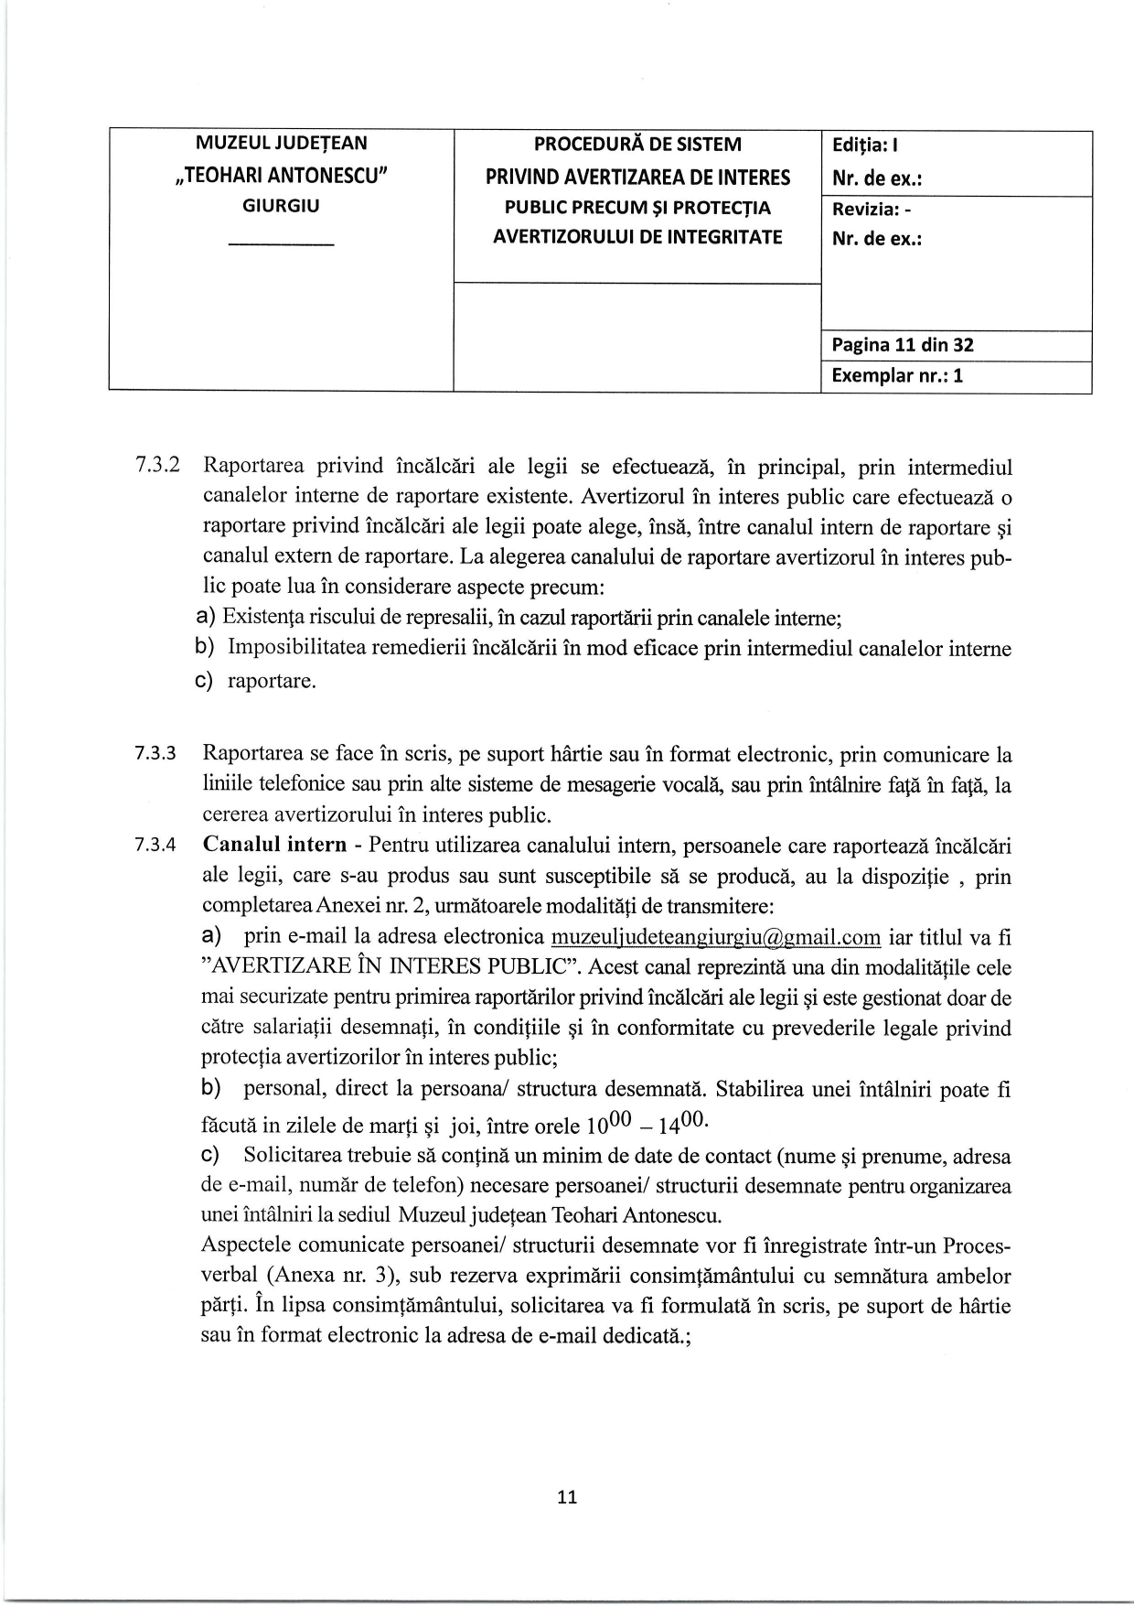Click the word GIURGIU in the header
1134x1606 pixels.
(x=281, y=206)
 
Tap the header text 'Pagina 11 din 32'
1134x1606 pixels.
(x=902, y=345)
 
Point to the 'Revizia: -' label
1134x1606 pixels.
(x=872, y=209)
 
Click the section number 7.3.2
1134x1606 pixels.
(x=157, y=466)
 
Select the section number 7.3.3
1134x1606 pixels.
(x=157, y=754)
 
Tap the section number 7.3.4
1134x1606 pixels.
(x=157, y=845)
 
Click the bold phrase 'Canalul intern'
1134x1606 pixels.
(x=274, y=844)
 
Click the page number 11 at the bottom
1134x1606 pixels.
(x=567, y=1498)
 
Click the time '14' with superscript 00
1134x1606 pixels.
(x=690, y=1124)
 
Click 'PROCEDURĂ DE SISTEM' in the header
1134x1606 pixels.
(x=637, y=145)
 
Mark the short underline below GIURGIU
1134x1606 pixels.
(x=281, y=244)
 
